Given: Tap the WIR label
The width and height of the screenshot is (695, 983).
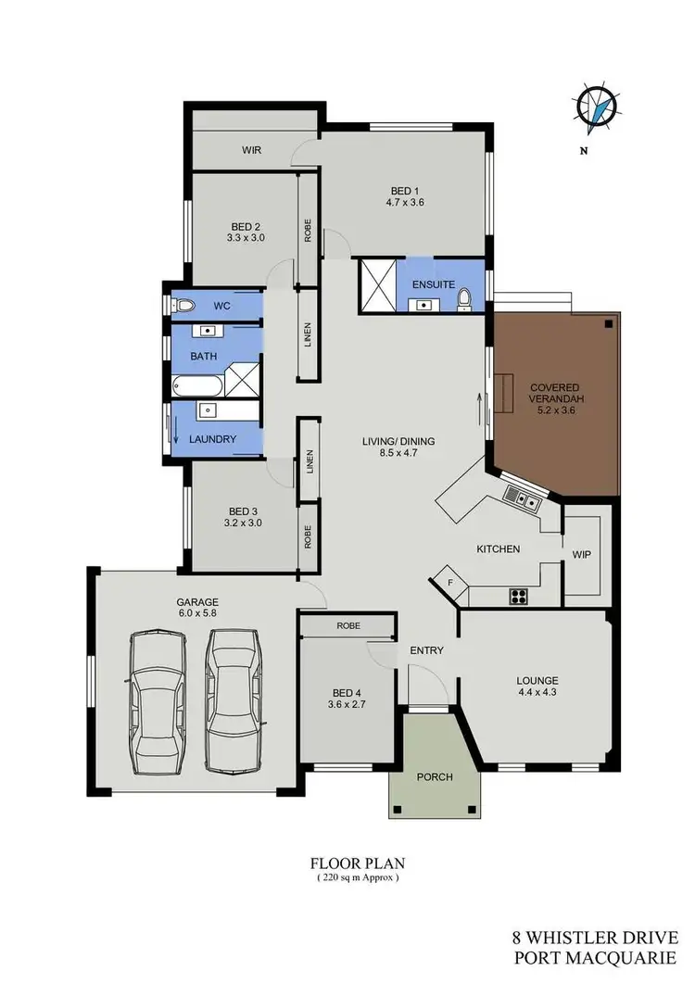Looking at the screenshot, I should pyautogui.click(x=250, y=149).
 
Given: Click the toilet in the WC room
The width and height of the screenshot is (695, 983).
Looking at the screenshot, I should pyautogui.click(x=184, y=305).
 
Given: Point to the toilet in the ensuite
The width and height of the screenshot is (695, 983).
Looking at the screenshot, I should pyautogui.click(x=465, y=298).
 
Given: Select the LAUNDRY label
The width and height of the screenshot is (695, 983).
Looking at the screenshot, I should pyautogui.click(x=213, y=438).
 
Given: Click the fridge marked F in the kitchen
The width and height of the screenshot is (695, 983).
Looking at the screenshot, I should pyautogui.click(x=450, y=581).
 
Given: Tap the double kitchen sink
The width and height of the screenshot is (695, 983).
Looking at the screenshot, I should pyautogui.click(x=523, y=500).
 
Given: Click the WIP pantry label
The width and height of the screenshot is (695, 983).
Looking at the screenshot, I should pyautogui.click(x=583, y=554).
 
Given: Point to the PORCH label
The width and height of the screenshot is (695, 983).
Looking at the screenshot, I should pyautogui.click(x=434, y=776).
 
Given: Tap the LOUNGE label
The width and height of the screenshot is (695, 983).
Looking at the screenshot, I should pyautogui.click(x=537, y=680).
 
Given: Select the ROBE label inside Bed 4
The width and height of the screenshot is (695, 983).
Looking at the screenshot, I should pyautogui.click(x=348, y=626).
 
